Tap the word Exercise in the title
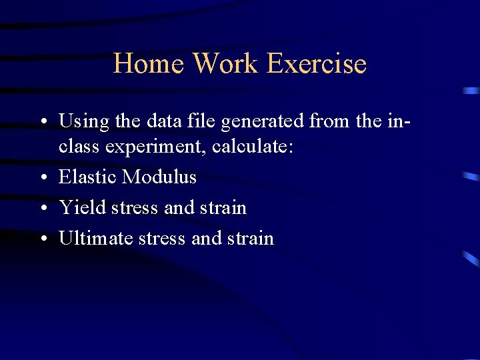[x=316, y=64]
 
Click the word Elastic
[x=88, y=177]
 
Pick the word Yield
[x=83, y=207]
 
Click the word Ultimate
[x=96, y=238]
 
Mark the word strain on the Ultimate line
[x=250, y=238]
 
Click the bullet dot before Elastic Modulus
[x=43, y=178]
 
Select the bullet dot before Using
[x=43, y=123]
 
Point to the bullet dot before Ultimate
[x=43, y=239]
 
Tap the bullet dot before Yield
[x=43, y=209]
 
